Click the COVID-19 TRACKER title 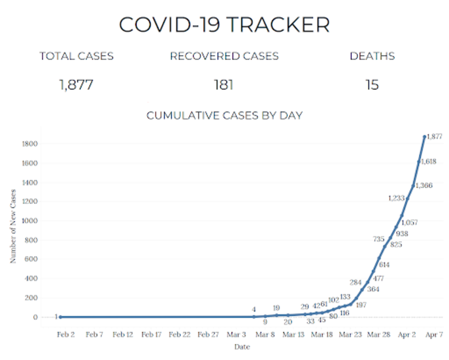224,25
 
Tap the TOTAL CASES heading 76,56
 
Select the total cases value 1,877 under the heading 76,85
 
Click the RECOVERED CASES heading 224,56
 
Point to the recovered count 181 223,85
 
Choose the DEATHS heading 372,56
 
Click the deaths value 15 372,85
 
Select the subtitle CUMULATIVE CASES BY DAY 224,116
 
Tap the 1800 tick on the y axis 30,144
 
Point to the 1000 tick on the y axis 30,221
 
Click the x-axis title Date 242,347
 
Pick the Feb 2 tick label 66,334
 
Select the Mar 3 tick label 236,334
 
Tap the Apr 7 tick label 434,334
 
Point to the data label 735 379,239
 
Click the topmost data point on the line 424,136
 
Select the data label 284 355,282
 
